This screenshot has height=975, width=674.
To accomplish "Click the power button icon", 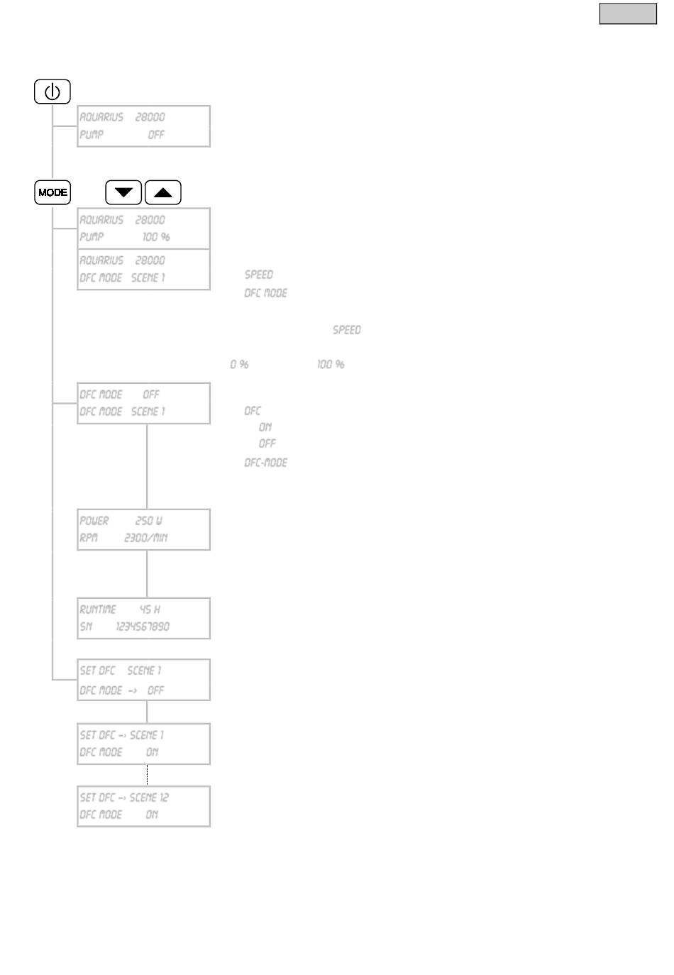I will (53, 92).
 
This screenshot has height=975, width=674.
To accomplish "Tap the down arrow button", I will (123, 192).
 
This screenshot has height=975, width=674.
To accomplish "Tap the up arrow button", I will (162, 192).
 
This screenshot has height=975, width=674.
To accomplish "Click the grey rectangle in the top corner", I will (628, 14).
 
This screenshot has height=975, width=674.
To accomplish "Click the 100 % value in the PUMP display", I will (156, 237).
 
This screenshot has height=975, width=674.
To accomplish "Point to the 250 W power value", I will (149, 521).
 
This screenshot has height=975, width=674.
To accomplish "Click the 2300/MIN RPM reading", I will (145, 538).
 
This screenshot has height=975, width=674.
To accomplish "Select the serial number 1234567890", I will (143, 627).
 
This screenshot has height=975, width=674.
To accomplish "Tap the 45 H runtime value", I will (150, 610).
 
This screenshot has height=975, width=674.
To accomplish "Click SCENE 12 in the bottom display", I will (149, 798).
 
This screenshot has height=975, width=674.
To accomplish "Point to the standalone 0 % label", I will (239, 365).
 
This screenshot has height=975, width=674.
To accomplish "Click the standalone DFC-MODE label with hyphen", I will (266, 463).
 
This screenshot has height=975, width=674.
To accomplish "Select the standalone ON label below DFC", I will (265, 427).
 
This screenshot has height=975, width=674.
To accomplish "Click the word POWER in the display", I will (94, 521).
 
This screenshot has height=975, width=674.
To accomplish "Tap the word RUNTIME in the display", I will (98, 610).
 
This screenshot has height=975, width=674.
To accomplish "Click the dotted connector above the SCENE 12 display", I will (147, 775).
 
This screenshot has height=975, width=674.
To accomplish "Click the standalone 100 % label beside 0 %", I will (331, 365).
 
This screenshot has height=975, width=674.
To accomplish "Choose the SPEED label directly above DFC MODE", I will (259, 275).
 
